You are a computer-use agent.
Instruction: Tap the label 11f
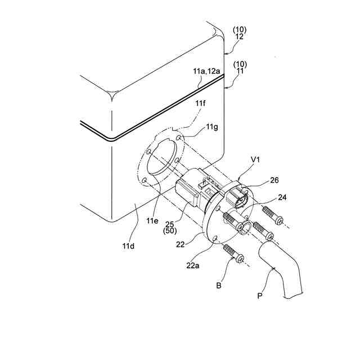pyautogui.click(x=200, y=104)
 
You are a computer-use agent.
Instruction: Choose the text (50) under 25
pyautogui.click(x=169, y=230)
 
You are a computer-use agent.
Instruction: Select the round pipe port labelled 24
pyautogui.click(x=245, y=227)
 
